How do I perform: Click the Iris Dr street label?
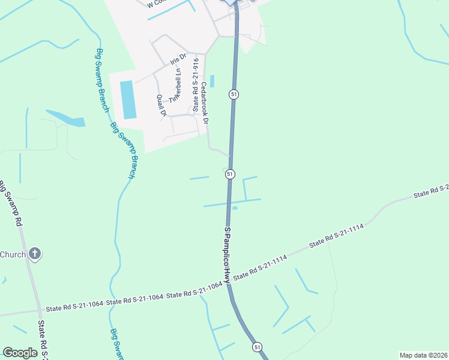tap(179, 59)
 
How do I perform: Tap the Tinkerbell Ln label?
tap(175, 88)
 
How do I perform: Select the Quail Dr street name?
tap(160, 105)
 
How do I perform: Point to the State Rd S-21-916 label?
tap(195, 85)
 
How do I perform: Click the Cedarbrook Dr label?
tap(205, 103)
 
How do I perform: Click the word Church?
tap(13, 254)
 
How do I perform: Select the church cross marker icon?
tap(35, 254)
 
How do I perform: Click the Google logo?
tap(20, 353)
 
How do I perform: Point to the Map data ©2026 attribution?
tap(423, 355)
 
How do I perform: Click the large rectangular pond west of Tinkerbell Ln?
tap(128, 99)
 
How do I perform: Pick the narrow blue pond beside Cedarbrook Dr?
tap(212, 80)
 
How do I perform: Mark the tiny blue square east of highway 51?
tap(235, 208)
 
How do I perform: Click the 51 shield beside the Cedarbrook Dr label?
tap(234, 94)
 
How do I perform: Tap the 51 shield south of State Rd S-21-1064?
tap(257, 347)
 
